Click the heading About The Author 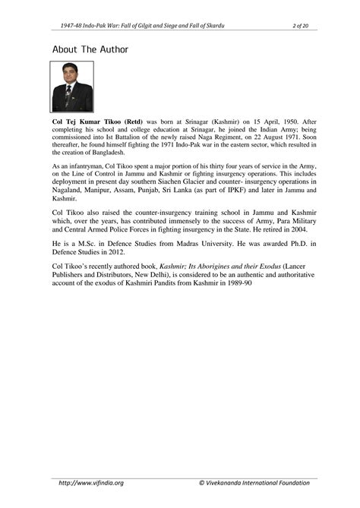coord(90,49)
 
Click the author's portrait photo coord(72,87)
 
